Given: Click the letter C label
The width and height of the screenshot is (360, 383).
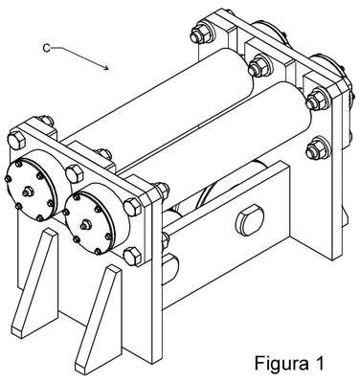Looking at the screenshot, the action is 47,48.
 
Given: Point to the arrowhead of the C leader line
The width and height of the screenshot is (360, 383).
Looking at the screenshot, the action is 106,67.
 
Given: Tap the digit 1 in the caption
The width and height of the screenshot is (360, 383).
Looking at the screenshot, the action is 319,362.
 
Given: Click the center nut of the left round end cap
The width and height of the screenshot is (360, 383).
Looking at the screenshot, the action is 28,191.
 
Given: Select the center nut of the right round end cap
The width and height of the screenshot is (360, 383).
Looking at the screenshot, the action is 85,225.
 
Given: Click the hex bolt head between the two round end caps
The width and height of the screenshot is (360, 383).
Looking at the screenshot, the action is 74,173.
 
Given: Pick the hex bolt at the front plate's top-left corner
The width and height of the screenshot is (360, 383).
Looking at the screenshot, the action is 16,141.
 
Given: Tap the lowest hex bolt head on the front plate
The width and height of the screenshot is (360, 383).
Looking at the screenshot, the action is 132,256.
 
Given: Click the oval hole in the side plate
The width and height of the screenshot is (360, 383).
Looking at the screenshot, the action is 250,220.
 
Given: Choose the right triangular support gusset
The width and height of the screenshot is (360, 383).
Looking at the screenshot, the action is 100,319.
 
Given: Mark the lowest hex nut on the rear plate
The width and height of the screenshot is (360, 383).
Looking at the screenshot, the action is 317,149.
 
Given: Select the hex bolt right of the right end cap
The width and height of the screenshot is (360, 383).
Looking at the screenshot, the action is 132,207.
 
